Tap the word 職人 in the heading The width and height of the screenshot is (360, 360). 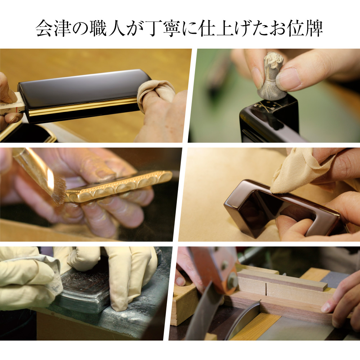pyautogui.click(x=108, y=28)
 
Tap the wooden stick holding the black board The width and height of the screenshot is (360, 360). pyautogui.click(x=12, y=104)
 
